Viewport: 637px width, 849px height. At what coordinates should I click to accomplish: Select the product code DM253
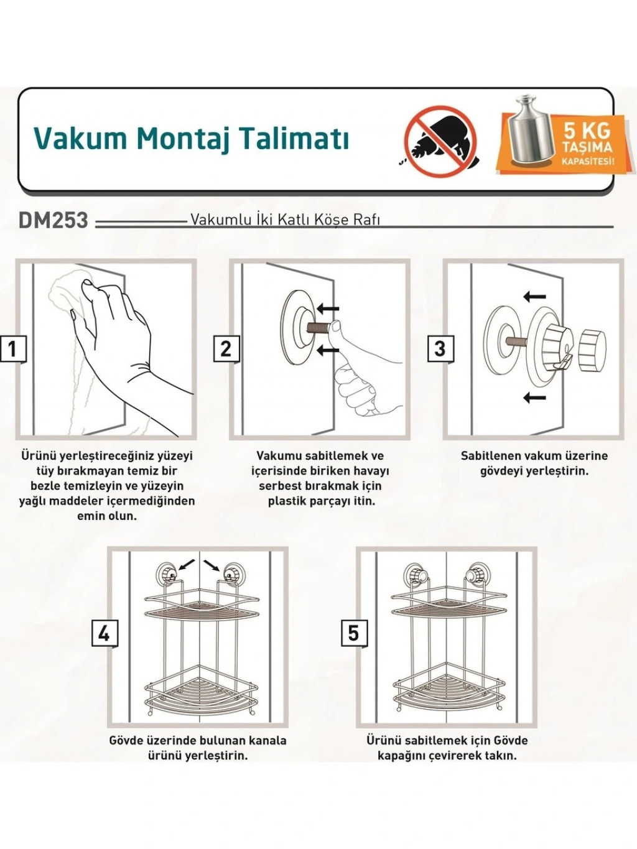click(x=53, y=221)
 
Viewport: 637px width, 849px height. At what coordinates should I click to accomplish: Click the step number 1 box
click(x=13, y=349)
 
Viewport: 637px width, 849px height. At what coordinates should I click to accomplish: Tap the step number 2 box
click(x=226, y=349)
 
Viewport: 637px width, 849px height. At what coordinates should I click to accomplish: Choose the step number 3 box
click(x=440, y=349)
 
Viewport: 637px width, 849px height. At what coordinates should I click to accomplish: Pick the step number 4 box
click(x=105, y=634)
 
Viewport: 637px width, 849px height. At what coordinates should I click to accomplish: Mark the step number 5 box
click(x=354, y=634)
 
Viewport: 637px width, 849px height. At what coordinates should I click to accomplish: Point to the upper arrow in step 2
click(x=328, y=309)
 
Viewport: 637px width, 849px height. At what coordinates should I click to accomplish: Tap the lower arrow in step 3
click(x=534, y=397)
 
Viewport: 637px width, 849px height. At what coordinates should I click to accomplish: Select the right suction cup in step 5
click(x=475, y=574)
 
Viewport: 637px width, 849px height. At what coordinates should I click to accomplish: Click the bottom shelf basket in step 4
click(x=201, y=695)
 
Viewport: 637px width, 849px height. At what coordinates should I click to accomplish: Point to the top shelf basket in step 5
click(x=449, y=602)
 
